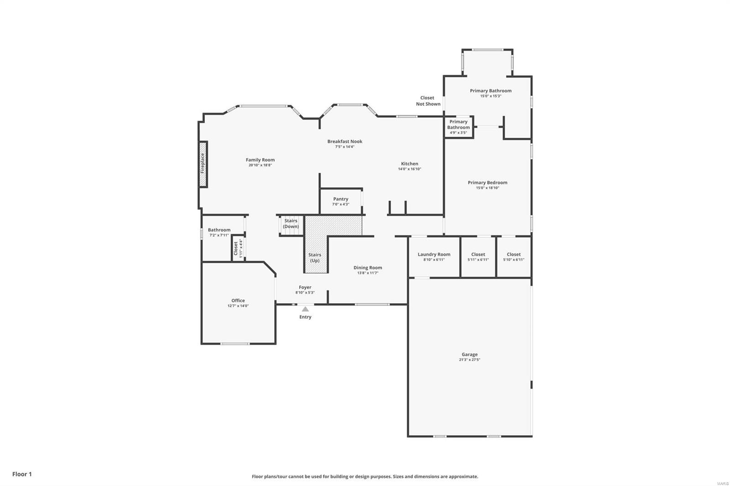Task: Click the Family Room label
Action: coord(260,160)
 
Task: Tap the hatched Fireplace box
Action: coord(203,164)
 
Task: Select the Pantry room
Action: coord(341,201)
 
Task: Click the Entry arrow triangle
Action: coord(305,309)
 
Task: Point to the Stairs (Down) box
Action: coord(291,225)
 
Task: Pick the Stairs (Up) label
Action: coord(315,258)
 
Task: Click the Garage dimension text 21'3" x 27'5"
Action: coord(469,360)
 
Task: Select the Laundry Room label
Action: coord(434,254)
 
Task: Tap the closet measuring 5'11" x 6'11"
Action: coord(478,257)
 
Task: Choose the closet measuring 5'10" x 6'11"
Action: coord(514,257)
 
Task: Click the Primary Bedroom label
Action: coord(487,182)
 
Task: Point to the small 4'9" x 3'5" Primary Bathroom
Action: coord(459,127)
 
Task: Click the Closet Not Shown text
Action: coord(428,101)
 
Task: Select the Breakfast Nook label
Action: coord(345,141)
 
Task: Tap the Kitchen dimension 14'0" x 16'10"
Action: coord(409,169)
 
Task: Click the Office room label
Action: coord(238,300)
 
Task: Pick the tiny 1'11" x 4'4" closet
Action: coord(238,248)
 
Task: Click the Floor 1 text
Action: coord(22,474)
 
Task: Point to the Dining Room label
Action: coord(368,268)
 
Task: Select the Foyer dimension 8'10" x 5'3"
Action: coord(305,293)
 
